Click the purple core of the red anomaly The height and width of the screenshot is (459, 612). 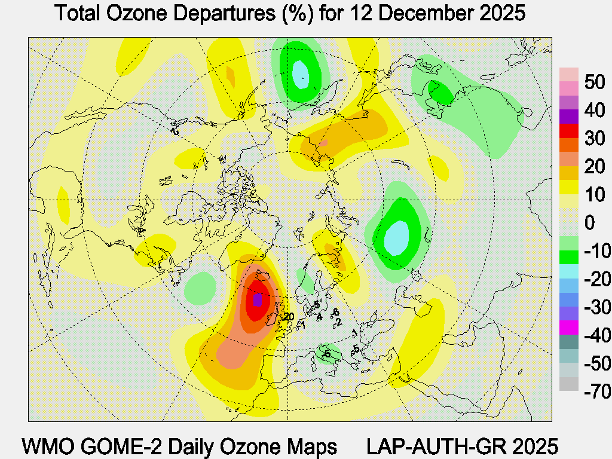pos(258,299)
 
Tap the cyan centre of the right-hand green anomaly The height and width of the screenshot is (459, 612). pos(397,237)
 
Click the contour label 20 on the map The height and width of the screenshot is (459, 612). pos(290,317)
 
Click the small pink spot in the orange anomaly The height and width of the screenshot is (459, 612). pos(323,143)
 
